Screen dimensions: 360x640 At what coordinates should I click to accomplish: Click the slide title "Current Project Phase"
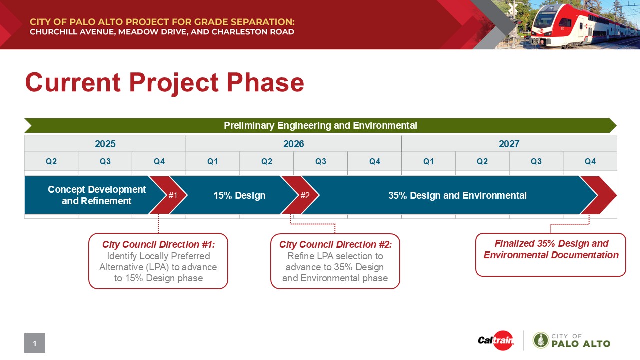tap(164, 83)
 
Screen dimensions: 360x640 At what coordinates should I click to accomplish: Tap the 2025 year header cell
tap(105, 144)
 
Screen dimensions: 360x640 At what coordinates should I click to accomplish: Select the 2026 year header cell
tap(293, 144)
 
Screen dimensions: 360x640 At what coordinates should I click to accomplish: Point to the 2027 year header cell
tap(509, 144)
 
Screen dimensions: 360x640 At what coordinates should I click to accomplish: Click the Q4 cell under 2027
tap(590, 162)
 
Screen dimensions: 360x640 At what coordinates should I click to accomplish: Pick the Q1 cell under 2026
tap(213, 162)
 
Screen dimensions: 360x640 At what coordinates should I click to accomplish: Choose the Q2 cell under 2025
tap(51, 162)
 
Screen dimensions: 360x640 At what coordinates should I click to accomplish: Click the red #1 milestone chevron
tap(171, 195)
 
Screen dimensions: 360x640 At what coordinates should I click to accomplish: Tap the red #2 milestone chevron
tap(303, 195)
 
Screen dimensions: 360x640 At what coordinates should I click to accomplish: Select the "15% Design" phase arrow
tap(239, 195)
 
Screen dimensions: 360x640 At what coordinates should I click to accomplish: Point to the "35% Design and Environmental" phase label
tap(457, 195)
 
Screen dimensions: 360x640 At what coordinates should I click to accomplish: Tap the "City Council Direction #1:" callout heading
tap(158, 245)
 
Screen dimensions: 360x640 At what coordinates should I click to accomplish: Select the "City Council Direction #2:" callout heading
tap(335, 245)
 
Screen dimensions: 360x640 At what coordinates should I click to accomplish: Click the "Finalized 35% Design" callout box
tap(550, 255)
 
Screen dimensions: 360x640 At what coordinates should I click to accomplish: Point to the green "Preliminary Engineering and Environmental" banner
tap(320, 125)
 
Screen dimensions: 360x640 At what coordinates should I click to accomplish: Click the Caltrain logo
tap(495, 341)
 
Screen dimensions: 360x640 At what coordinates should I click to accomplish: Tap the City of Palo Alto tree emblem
tap(540, 340)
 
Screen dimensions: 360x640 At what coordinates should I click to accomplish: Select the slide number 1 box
tap(35, 343)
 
